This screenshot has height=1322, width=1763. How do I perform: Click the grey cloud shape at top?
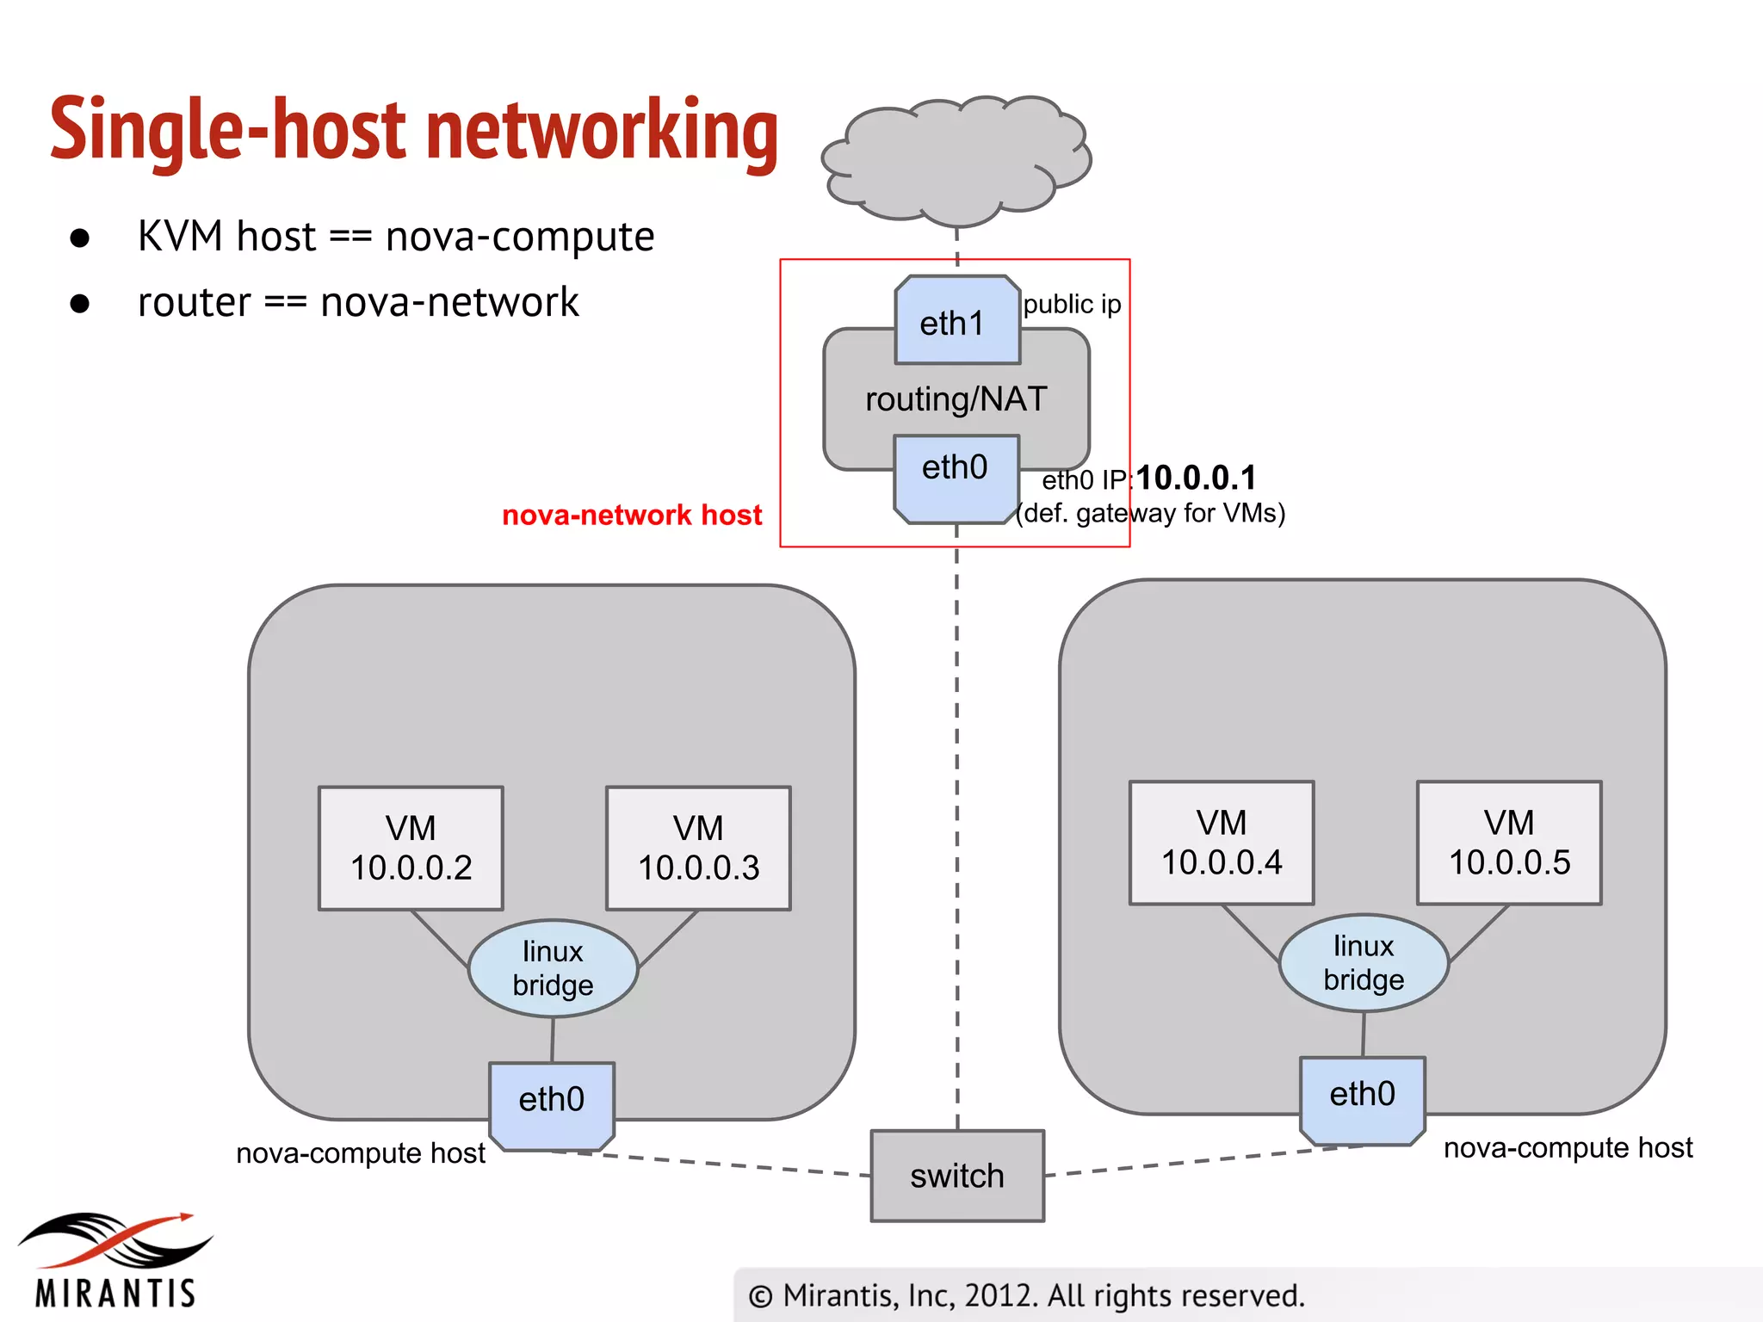coord(956,159)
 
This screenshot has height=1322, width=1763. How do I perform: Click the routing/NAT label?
coord(956,399)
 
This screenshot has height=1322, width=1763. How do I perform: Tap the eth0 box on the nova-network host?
coord(956,478)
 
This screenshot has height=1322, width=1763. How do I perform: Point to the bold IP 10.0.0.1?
coord(1196,478)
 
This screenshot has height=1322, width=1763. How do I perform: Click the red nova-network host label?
coord(632,515)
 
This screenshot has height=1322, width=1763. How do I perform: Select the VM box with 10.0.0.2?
coord(411,848)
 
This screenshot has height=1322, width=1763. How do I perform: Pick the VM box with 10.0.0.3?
coord(698,848)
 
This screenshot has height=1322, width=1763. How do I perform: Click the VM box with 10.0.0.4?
coord(1222,843)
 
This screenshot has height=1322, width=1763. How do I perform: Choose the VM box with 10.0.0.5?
coord(1509,843)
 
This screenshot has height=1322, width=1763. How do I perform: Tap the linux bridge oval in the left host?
coord(553,968)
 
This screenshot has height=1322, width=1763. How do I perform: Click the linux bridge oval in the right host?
coord(1364,962)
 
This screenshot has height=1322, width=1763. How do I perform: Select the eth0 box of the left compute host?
coord(551,1104)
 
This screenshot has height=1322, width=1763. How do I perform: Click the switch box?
coord(957,1176)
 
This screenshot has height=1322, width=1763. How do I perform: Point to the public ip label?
coord(1072,304)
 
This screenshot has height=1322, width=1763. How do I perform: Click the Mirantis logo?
coord(115,1260)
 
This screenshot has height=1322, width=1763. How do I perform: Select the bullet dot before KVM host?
coord(80,238)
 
